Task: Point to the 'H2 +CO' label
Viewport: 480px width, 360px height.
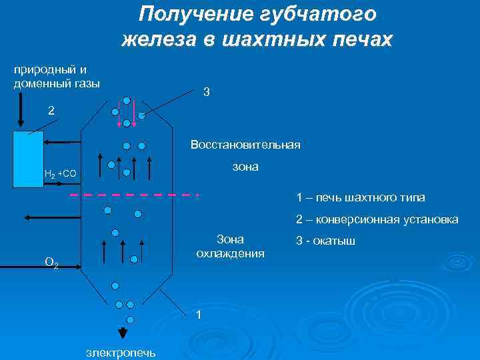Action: coord(60,174)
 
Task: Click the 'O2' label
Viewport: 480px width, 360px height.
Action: coord(51,264)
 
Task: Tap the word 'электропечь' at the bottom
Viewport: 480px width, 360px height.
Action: coord(121,352)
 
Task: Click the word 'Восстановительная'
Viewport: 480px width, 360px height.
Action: coord(245,144)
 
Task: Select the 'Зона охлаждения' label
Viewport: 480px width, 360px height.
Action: coord(230,246)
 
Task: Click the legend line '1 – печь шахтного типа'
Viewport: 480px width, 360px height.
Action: coord(360,197)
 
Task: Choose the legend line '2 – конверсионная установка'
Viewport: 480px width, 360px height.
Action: coord(377,219)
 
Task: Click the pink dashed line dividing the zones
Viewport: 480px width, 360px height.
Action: coord(133,195)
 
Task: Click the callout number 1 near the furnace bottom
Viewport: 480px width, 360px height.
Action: coord(198,315)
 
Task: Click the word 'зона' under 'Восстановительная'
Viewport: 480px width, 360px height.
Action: coord(245,167)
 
